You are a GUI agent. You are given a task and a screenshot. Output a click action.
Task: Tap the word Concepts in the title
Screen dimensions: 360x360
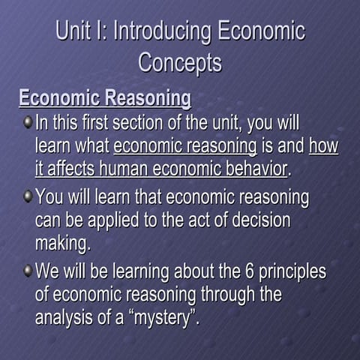click(x=180, y=62)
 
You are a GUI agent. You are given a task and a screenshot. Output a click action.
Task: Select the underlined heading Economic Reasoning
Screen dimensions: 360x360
click(x=105, y=98)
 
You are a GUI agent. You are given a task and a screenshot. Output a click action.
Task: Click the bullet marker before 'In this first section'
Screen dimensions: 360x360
click(x=28, y=121)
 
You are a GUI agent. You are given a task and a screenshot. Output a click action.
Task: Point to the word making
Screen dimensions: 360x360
click(x=62, y=243)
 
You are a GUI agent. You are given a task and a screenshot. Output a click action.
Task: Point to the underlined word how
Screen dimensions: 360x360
click(x=323, y=145)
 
